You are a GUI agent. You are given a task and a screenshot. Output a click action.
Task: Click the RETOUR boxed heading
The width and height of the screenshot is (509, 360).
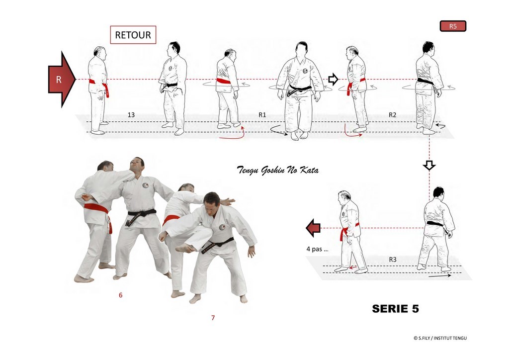pos(133,35)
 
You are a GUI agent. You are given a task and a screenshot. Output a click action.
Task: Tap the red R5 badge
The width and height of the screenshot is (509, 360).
pos(453,26)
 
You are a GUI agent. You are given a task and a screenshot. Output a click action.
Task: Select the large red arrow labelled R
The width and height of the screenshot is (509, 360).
pos(62,79)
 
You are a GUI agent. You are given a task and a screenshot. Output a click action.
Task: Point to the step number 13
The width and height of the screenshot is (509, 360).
pos(131,114)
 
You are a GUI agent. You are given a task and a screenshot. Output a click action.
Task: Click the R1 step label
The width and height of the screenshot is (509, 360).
pos(262,114)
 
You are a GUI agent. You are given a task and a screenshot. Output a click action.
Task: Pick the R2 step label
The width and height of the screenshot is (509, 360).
pos(393,114)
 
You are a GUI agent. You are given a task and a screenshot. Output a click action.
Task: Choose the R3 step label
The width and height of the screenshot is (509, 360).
pos(393,260)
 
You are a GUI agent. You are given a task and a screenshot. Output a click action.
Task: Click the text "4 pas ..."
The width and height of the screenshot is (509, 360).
pos(317,249)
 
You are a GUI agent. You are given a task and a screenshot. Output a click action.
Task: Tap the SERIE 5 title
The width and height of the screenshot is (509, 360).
pos(395,308)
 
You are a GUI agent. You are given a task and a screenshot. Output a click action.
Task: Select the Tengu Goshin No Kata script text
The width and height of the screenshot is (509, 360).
pos(277,170)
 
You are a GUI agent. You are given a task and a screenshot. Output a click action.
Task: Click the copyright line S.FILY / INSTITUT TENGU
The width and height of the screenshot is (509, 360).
pos(440,338)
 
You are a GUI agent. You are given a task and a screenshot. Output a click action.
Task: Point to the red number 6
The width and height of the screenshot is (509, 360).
pos(121,295)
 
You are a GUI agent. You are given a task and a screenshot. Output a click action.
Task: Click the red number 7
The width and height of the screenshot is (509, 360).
pos(213,317)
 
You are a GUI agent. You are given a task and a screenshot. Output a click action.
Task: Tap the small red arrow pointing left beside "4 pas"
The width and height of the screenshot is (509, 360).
pos(313,228)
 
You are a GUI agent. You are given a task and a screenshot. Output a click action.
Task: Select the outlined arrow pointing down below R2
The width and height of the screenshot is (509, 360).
pos(429,165)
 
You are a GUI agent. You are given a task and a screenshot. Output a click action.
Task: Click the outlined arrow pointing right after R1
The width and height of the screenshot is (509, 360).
pos(334,79)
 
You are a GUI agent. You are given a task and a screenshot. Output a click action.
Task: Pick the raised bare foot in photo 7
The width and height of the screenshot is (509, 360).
pos(186,248)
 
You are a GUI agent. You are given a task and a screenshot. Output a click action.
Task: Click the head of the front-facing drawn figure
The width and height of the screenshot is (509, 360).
pos(302,49)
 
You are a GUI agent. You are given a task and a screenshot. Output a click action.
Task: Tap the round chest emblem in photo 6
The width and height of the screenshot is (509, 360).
pos(146,185)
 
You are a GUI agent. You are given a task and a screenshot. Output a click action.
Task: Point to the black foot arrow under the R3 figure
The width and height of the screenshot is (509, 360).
pos(440,275)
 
